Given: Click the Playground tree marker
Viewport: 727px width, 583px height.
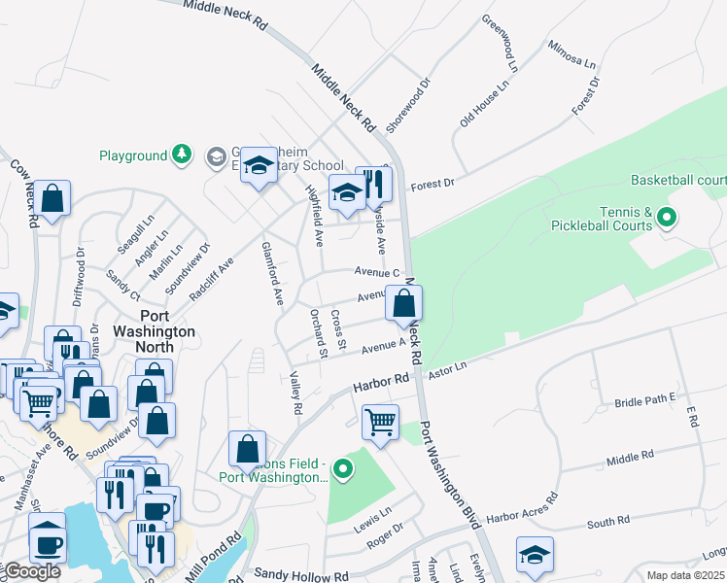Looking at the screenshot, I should tap(181, 155).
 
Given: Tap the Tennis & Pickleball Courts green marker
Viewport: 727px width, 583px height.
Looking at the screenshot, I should tap(667, 219).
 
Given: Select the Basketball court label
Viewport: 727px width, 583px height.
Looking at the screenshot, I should tap(678, 180).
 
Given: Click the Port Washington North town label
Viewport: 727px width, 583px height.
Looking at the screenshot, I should tap(156, 331).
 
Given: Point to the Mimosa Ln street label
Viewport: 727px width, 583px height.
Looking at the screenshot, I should tap(571, 55).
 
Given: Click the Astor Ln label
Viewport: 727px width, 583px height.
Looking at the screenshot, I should tap(448, 367).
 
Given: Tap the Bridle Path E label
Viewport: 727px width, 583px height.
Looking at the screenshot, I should tap(644, 399).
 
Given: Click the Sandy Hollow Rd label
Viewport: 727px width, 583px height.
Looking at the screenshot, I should tap(300, 575).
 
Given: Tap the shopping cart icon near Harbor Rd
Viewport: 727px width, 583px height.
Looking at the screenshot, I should tap(380, 422).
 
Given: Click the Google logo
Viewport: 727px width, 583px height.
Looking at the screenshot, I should tap(31, 571).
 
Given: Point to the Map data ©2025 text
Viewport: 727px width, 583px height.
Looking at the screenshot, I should tap(685, 575).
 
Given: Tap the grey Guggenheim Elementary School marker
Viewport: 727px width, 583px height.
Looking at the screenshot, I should tap(215, 155).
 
